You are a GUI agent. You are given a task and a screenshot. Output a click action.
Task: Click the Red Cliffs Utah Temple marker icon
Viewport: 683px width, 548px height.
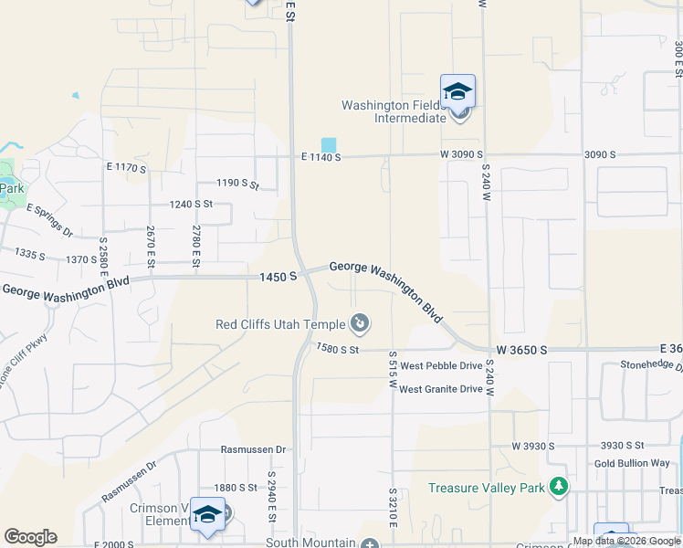(x=361, y=322)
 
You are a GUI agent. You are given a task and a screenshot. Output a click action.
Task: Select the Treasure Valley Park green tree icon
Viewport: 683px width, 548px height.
(x=558, y=488)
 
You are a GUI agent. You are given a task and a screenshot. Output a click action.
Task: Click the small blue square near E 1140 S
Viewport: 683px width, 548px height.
(x=328, y=145)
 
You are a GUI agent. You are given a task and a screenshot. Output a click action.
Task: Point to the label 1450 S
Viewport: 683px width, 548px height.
(x=279, y=276)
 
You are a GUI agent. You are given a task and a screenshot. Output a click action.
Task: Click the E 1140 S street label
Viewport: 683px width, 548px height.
(x=320, y=157)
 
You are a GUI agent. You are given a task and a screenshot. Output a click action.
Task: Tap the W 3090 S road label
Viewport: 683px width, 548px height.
(x=461, y=154)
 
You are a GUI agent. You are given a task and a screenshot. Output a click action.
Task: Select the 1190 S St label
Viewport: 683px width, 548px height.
(x=237, y=184)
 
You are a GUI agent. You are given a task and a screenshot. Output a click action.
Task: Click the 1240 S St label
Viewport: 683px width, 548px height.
(x=190, y=205)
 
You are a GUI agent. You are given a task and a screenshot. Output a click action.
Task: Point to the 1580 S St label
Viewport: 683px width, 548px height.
(x=338, y=349)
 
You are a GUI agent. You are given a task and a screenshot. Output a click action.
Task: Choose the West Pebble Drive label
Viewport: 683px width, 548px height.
(x=440, y=365)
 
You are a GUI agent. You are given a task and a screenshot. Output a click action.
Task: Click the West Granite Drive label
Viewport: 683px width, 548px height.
(x=440, y=389)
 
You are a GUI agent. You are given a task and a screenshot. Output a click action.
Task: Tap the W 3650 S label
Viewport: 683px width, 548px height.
(x=521, y=350)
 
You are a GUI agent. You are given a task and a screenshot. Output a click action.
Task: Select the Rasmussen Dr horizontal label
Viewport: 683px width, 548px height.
(x=254, y=449)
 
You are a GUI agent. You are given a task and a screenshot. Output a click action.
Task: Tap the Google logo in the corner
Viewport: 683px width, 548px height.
(x=30, y=537)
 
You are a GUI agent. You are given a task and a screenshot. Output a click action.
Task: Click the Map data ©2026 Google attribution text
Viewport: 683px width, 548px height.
(x=626, y=541)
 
